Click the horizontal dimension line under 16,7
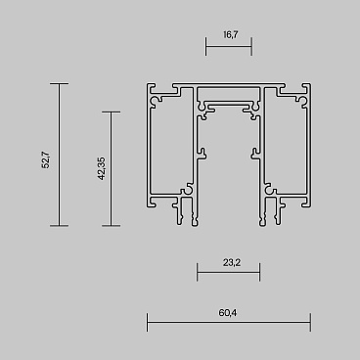(228, 45)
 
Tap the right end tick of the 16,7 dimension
(251, 45)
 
